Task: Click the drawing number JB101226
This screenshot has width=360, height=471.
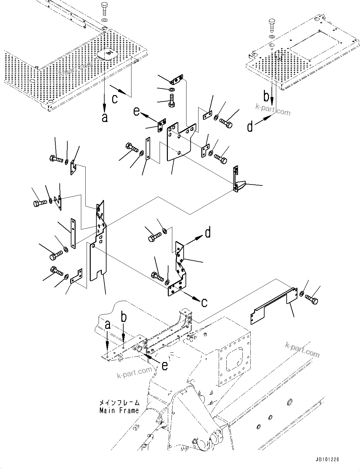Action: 326,459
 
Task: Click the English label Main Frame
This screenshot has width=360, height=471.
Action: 119,411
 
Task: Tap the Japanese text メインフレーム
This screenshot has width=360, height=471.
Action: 119,403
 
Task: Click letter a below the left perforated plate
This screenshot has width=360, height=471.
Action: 105,118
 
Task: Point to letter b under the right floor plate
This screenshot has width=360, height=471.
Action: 266,96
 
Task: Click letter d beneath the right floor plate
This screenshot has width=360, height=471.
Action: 250,127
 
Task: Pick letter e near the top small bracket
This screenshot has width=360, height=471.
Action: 136,111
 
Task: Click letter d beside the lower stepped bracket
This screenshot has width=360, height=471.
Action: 208,233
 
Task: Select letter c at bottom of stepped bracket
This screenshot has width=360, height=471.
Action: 204,302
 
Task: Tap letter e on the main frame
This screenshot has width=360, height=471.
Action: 164,365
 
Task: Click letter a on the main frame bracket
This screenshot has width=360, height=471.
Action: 108,325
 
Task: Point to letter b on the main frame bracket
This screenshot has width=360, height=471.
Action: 124,317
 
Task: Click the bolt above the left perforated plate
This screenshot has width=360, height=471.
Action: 105,8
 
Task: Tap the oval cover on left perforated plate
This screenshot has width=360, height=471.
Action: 107,54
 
